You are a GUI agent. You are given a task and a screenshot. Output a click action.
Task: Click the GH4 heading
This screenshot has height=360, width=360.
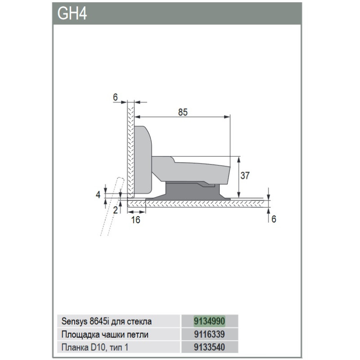point(72,13)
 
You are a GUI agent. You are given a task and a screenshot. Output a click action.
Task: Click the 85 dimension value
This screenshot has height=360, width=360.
point(183,112)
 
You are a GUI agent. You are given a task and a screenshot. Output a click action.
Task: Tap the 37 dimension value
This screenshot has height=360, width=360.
point(245,175)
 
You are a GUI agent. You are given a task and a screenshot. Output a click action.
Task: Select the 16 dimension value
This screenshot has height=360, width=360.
point(135,220)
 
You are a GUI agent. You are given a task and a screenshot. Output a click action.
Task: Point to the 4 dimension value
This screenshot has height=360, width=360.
point(98,195)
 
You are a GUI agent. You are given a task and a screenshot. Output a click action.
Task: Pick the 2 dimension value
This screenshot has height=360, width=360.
point(115,210)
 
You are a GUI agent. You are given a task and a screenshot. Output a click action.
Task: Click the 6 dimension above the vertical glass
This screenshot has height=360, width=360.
point(115,97)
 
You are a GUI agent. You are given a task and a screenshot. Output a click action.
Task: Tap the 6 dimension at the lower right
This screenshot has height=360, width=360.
point(274,219)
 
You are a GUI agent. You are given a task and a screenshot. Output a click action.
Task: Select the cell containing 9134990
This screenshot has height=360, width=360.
point(210,321)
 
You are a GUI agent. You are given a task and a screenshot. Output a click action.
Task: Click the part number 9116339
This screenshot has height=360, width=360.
point(209,334)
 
